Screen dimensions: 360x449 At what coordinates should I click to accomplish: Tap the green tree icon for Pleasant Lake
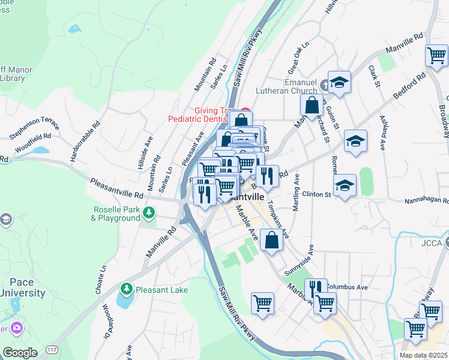point(126,290)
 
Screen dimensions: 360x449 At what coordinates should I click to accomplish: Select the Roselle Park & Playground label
point(116,214)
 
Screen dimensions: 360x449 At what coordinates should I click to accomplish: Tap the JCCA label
point(431,243)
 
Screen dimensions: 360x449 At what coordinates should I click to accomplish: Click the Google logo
point(20,353)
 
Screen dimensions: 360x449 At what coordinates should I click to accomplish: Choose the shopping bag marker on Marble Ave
point(271,241)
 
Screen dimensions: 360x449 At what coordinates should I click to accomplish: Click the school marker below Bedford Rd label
point(355,142)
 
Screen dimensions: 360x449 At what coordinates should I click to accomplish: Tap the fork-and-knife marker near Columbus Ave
point(314,289)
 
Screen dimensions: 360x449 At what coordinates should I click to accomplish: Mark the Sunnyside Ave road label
point(300,260)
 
